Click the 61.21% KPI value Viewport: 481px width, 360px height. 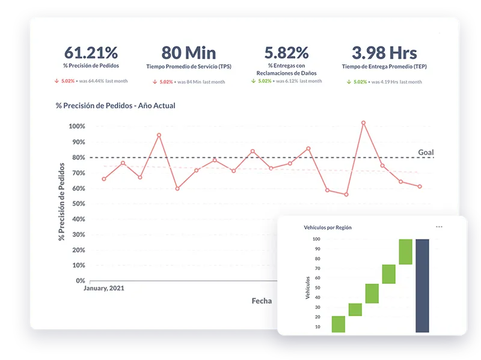[91, 52]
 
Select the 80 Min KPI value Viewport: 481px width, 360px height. [189, 53]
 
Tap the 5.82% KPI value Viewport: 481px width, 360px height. [287, 52]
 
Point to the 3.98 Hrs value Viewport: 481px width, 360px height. [384, 53]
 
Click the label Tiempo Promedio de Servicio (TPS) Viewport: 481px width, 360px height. [189, 67]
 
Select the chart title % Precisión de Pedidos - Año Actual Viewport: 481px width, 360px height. [115, 106]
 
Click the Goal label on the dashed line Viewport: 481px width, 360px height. [426, 153]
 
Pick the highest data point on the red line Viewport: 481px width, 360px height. [364, 123]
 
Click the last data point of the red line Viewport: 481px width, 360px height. [420, 186]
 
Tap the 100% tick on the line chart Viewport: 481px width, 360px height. [77, 126]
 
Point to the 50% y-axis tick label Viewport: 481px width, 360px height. [79, 204]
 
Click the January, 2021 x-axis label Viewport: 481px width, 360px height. [104, 288]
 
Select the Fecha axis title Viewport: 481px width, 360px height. [262, 301]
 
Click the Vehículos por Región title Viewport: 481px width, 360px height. [328, 228]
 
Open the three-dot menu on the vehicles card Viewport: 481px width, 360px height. [439, 227]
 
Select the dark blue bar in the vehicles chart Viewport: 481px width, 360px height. [422, 286]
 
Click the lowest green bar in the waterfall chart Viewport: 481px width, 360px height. [339, 324]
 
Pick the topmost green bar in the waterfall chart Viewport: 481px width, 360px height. [405, 252]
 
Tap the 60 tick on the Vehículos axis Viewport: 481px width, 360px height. [317, 278]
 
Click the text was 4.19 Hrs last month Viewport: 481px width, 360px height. [397, 82]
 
